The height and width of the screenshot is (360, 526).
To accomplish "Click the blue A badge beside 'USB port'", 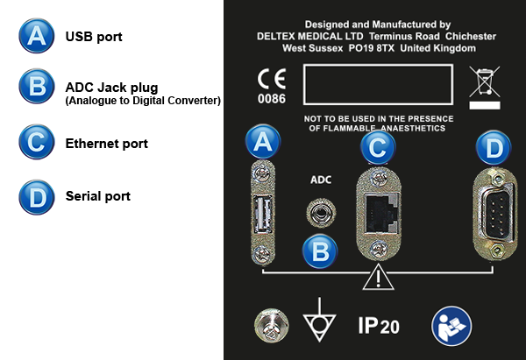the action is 37,36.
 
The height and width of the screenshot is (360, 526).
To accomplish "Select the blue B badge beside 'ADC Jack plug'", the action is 37,87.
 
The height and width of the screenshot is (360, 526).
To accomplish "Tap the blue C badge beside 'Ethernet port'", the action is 37,142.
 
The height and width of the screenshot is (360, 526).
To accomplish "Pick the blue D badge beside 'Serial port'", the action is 37,197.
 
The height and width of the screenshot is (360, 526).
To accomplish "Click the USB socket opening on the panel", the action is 263,214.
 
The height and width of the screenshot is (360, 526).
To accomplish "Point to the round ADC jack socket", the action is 321,213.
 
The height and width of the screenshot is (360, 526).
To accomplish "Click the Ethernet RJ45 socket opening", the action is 381,215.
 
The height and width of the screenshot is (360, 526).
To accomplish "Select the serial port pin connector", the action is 498,215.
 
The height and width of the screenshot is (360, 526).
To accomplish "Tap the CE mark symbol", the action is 272,79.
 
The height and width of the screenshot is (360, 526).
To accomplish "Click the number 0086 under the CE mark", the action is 272,99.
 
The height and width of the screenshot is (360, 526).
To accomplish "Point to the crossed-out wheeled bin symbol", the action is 485,87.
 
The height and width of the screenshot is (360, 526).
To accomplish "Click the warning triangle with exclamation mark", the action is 379,277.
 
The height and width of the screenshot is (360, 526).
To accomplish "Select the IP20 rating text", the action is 379,326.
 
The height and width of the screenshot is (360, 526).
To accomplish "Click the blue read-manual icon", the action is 451,326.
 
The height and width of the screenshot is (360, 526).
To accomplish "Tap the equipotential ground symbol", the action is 319,320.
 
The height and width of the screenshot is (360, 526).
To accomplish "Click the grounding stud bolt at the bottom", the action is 272,326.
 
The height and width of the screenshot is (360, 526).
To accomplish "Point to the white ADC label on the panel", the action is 321,180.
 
